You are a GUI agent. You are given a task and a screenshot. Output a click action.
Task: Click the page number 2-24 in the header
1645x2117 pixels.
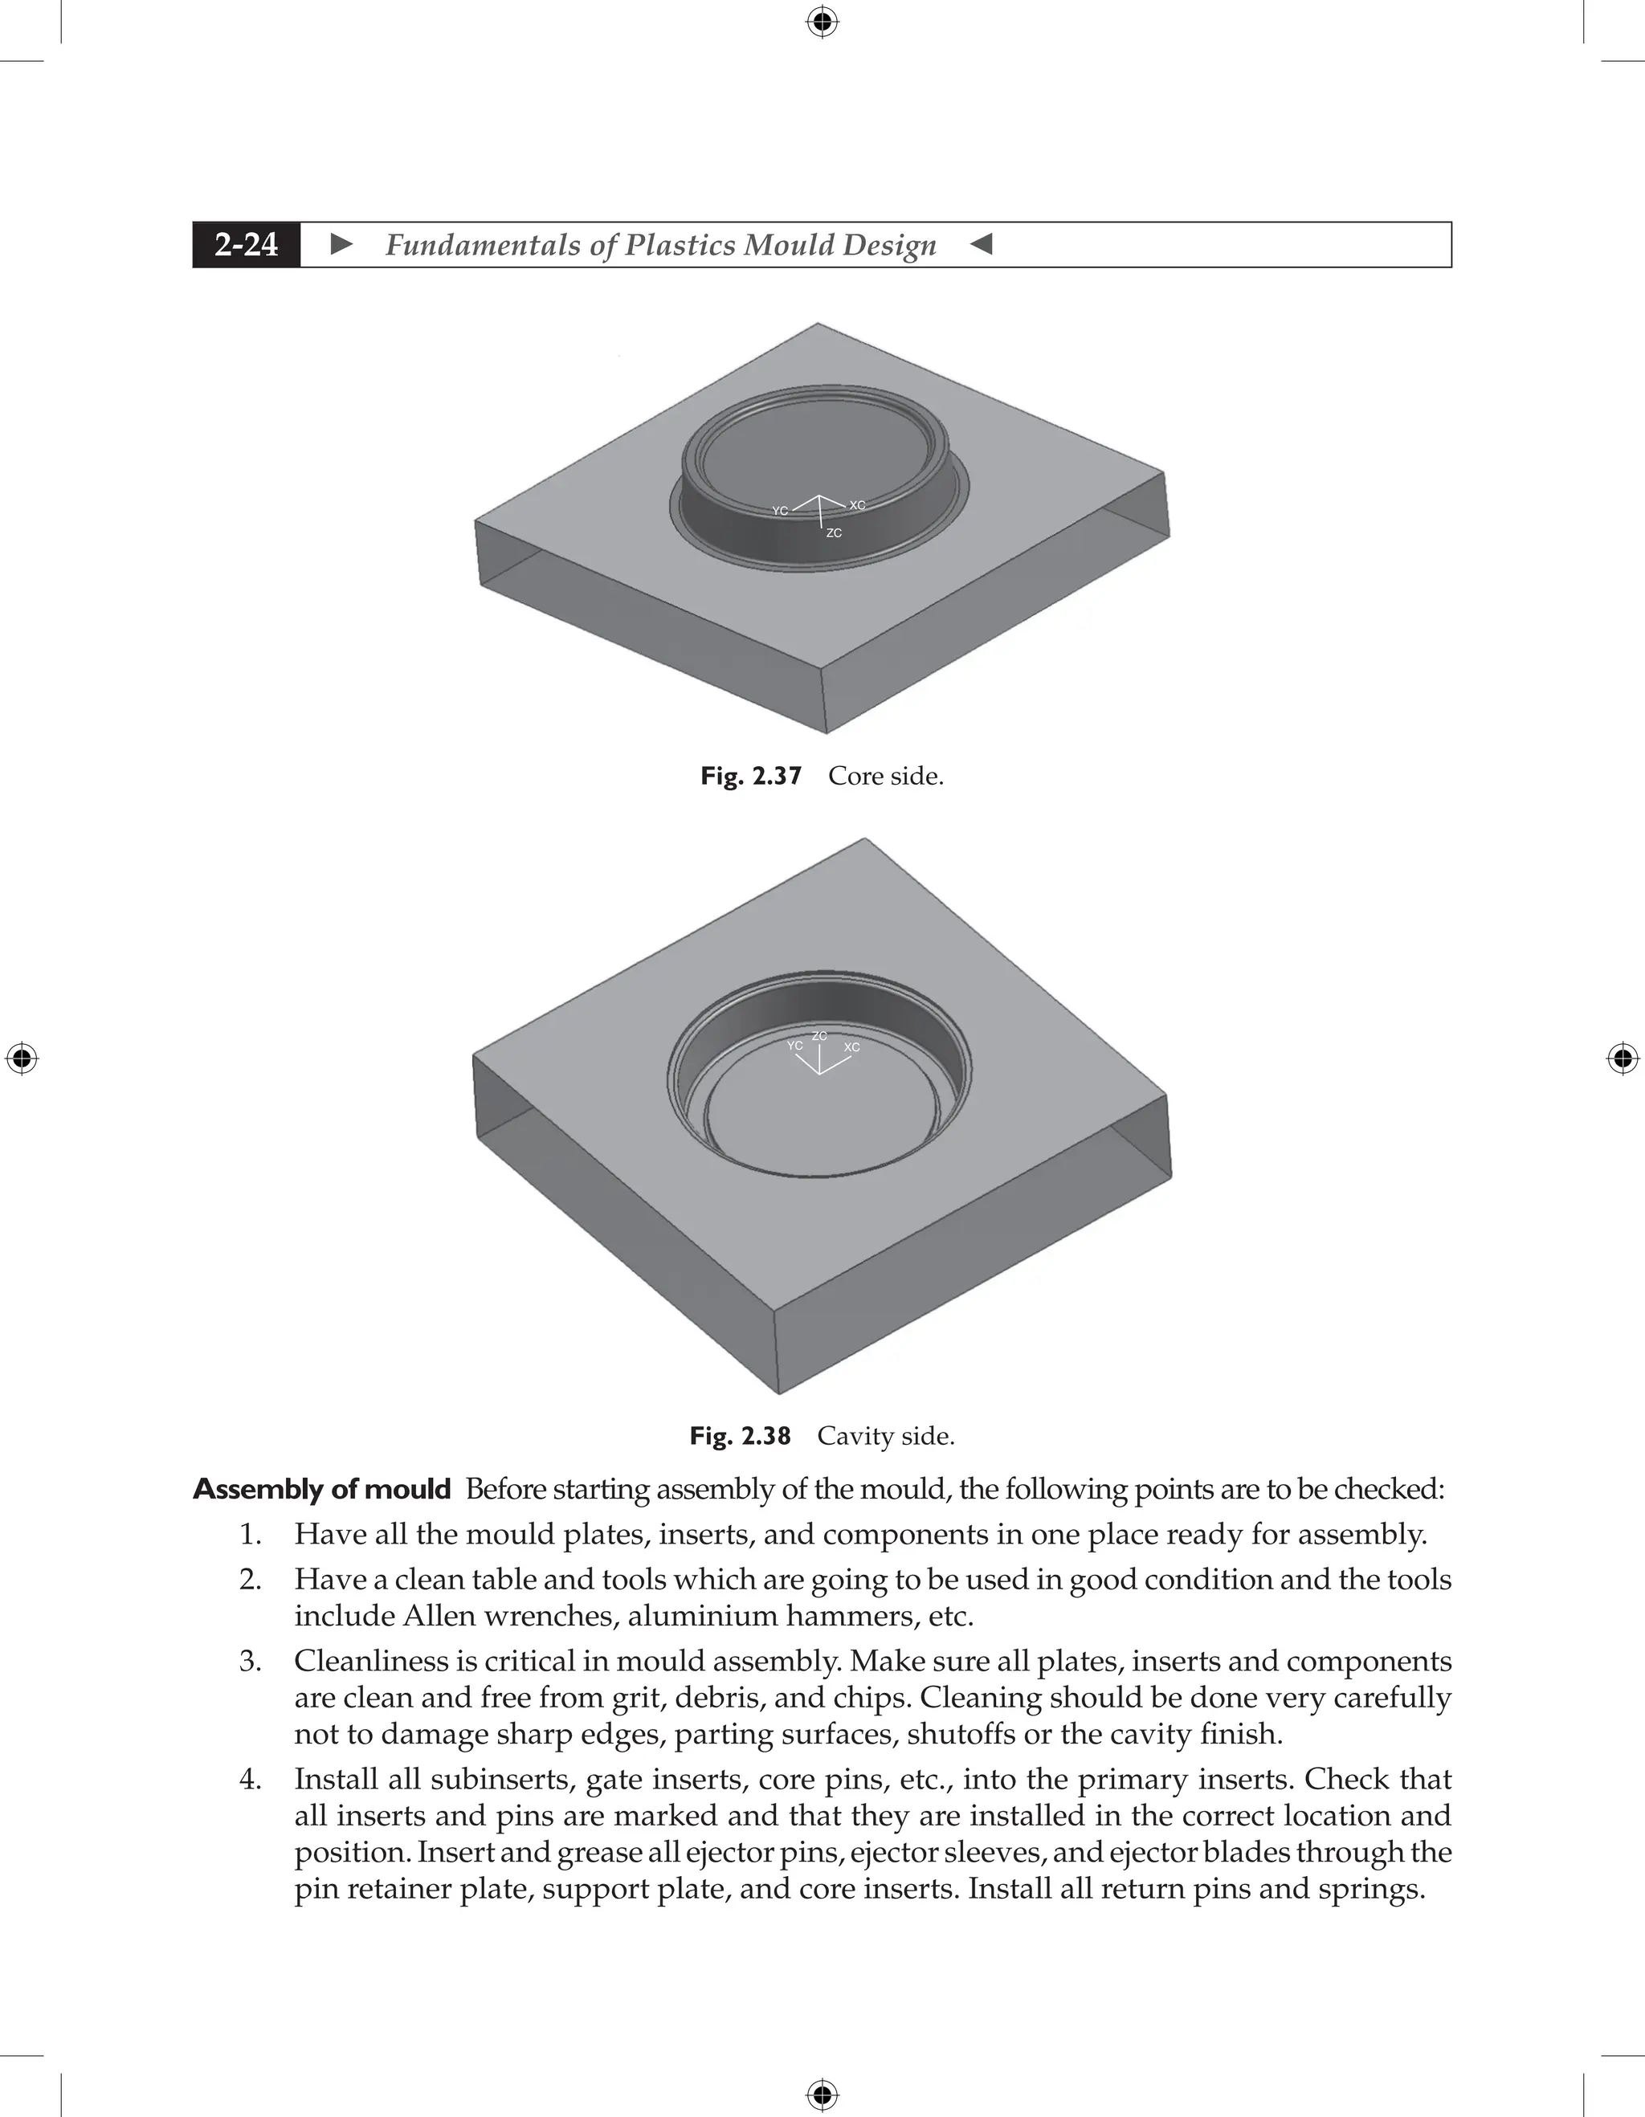[247, 244]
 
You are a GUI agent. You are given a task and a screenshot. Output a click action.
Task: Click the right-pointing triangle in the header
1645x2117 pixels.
[342, 244]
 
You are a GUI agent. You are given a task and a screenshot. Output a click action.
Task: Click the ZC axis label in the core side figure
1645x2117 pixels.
[834, 533]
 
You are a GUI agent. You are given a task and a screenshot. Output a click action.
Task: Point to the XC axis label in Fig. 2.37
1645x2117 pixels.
[857, 505]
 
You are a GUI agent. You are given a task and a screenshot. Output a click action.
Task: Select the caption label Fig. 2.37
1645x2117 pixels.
[751, 777]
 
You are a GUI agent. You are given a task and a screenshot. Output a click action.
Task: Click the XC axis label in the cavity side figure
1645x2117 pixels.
[851, 1047]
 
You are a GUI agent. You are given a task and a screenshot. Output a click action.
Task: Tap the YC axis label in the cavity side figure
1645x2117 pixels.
[795, 1046]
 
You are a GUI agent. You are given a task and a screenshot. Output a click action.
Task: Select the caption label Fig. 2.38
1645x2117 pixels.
[740, 1436]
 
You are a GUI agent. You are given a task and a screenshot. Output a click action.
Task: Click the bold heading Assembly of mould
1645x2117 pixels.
[322, 1489]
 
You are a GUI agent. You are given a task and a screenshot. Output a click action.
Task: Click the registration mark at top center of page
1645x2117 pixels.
[822, 22]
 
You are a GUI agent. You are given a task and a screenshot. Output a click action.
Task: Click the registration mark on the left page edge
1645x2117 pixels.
[22, 1058]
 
